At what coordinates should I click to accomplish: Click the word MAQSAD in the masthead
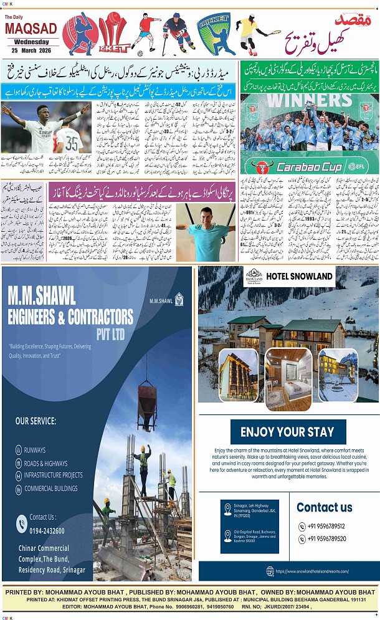pyautogui.click(x=30, y=29)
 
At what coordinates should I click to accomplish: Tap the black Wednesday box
pyautogui.click(x=30, y=42)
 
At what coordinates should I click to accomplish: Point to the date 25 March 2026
pyautogui.click(x=30, y=50)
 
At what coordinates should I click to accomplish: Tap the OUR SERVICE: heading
pyautogui.click(x=36, y=421)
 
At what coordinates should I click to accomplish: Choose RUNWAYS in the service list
pyautogui.click(x=35, y=450)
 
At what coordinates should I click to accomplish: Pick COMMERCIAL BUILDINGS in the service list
pyautogui.click(x=51, y=488)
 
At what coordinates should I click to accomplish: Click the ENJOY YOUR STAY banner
pyautogui.click(x=287, y=431)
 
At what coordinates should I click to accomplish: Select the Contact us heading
pyautogui.click(x=324, y=507)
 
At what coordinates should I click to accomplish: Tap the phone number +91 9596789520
pyautogui.click(x=326, y=539)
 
